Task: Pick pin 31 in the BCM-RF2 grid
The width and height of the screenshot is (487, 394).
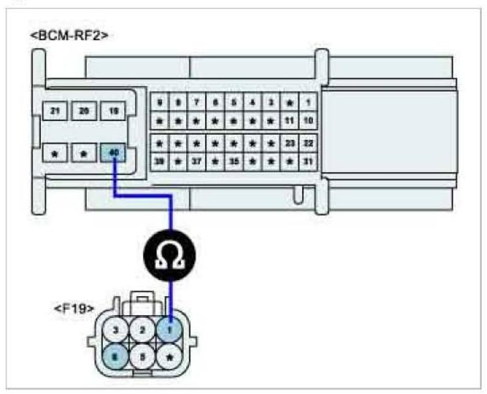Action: click(308, 161)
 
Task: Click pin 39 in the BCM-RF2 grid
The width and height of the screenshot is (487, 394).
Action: click(159, 161)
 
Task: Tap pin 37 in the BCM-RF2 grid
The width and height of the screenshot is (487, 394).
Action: click(197, 161)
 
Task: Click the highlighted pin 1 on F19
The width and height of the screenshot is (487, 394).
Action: click(170, 330)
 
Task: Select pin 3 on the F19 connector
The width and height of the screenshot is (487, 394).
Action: click(116, 330)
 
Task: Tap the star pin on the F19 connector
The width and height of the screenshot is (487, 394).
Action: click(170, 356)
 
